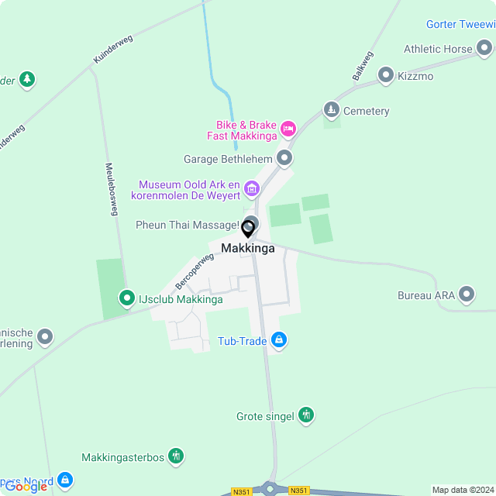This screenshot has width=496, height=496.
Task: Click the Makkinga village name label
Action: (247, 248)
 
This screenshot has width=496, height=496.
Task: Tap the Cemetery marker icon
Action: (332, 110)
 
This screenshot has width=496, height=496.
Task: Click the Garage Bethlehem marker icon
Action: (284, 159)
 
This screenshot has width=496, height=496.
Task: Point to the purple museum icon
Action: (251, 188)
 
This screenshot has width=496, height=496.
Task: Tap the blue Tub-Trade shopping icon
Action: (280, 339)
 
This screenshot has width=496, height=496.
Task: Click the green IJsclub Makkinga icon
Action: (126, 298)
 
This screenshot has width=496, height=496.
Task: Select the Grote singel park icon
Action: (307, 415)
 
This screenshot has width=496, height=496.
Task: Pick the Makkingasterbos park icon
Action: (177, 456)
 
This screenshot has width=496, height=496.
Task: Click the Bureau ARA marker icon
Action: (466, 294)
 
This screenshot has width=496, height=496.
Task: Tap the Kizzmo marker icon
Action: (386, 76)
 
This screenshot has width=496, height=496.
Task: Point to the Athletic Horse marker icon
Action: (484, 49)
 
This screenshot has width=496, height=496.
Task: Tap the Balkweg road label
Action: (363, 66)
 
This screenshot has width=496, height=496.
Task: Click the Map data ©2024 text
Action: (463, 490)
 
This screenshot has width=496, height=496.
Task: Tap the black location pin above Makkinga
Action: (248, 229)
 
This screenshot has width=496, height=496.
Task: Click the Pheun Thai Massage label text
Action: (187, 225)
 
